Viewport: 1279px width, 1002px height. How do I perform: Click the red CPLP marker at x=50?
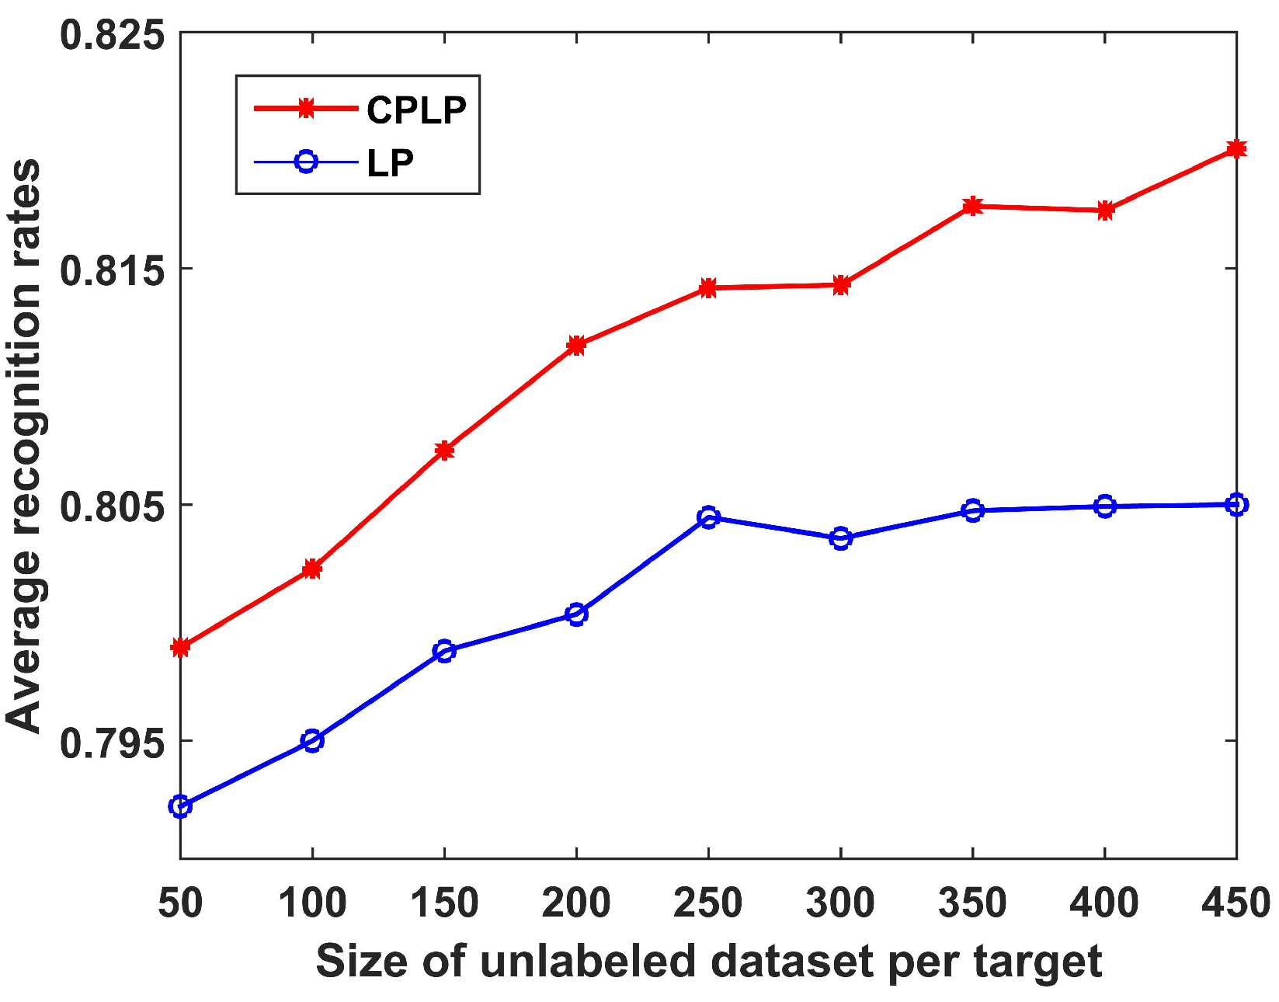(180, 647)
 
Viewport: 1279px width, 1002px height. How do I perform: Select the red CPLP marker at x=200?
(576, 345)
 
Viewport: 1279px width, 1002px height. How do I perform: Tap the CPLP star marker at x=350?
(972, 206)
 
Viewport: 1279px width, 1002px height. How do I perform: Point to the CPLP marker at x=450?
(1236, 148)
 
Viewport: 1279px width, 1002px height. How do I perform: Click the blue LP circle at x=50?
(180, 806)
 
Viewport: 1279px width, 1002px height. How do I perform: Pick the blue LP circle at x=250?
(708, 517)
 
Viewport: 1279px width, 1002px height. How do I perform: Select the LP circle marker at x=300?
(840, 538)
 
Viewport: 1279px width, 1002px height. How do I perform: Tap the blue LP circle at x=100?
(312, 740)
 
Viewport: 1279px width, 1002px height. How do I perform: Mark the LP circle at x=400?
(1104, 506)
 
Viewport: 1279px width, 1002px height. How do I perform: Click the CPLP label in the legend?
(416, 110)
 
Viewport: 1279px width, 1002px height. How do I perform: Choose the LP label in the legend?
(390, 162)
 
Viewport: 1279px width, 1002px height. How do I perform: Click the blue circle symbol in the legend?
(306, 162)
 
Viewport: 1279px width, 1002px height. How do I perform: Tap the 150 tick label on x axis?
(443, 903)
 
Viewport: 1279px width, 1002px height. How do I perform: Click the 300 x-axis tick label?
(840, 903)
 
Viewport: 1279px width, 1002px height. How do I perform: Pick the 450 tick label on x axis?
(1235, 903)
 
